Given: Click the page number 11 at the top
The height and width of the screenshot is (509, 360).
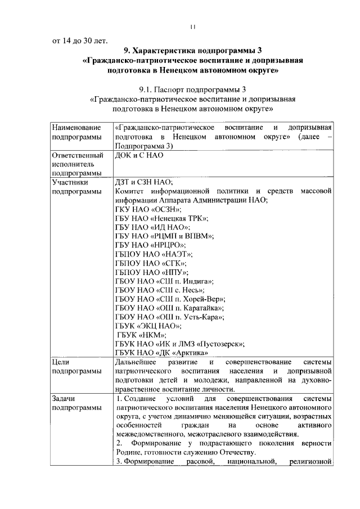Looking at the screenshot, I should click(x=193, y=26).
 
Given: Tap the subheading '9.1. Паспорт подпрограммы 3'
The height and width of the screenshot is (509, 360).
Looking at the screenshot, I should click(x=193, y=89).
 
